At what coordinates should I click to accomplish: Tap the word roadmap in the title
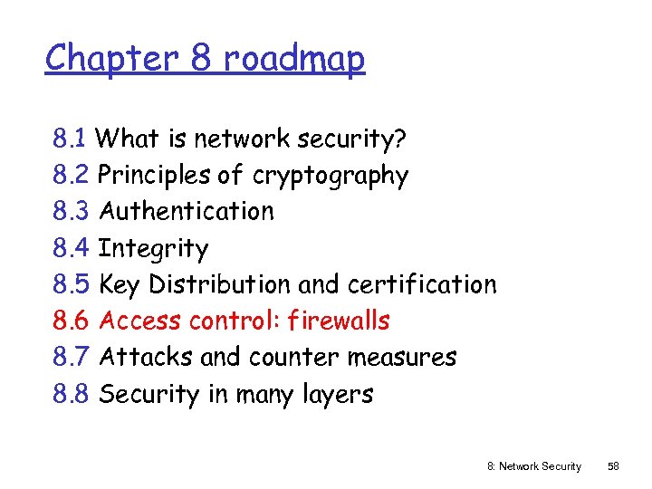click(294, 59)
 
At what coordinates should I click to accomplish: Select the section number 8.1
click(70, 139)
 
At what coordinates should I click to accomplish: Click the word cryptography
click(331, 176)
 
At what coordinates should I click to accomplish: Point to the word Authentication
click(187, 211)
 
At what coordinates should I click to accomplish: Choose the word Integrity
click(153, 248)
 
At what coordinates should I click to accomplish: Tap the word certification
click(421, 284)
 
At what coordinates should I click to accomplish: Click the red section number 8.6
click(71, 321)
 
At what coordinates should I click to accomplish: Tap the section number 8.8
click(71, 394)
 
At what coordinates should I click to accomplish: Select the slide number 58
click(613, 466)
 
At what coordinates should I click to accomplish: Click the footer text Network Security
click(541, 466)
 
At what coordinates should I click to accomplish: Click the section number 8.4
click(71, 248)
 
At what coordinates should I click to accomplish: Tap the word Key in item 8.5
click(120, 284)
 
